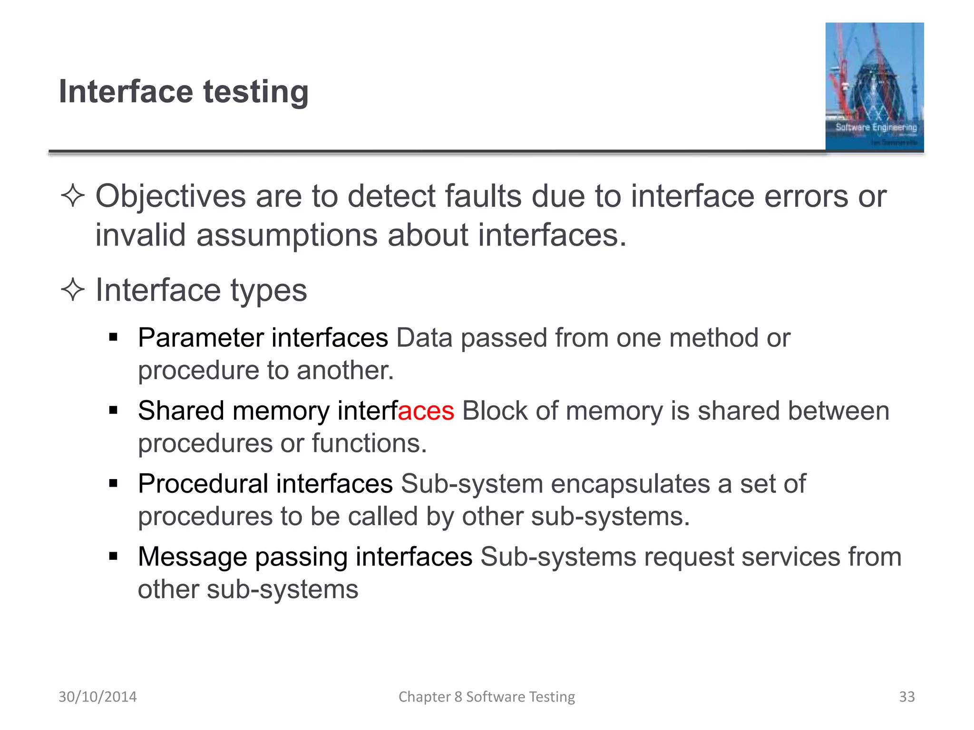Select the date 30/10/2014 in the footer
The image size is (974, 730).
(97, 696)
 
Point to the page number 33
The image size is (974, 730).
(906, 696)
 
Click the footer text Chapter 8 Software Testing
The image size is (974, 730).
(487, 696)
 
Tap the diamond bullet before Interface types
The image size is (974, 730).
(73, 289)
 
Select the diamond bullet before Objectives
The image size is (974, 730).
(73, 195)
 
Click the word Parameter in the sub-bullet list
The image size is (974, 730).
(200, 338)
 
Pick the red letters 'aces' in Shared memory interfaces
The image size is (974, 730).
(426, 411)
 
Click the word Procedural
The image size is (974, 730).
(203, 484)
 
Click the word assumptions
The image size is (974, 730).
(287, 235)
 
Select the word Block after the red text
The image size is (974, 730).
(495, 411)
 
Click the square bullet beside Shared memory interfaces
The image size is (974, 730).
(113, 410)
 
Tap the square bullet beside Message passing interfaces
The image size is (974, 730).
(113, 556)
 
